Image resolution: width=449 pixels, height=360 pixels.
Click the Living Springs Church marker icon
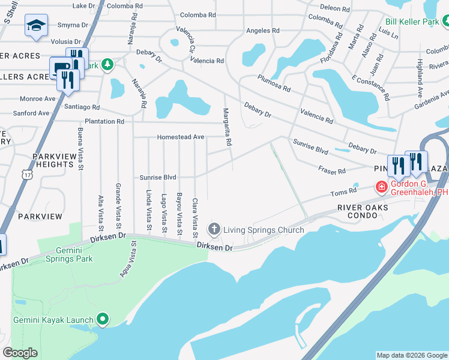point(214,229)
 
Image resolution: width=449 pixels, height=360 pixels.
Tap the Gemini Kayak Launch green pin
point(103,320)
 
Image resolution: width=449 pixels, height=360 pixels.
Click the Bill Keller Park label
point(412,21)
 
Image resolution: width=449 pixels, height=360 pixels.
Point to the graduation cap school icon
point(36,26)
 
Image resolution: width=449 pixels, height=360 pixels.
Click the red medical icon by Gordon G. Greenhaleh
point(381,187)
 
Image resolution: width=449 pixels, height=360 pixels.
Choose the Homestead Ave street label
point(180,137)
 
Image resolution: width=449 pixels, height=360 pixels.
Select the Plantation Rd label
point(104,121)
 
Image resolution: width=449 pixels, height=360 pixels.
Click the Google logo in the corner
point(20,353)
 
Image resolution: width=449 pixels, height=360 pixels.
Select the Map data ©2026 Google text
point(411,355)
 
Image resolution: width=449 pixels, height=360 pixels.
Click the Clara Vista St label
point(194,217)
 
